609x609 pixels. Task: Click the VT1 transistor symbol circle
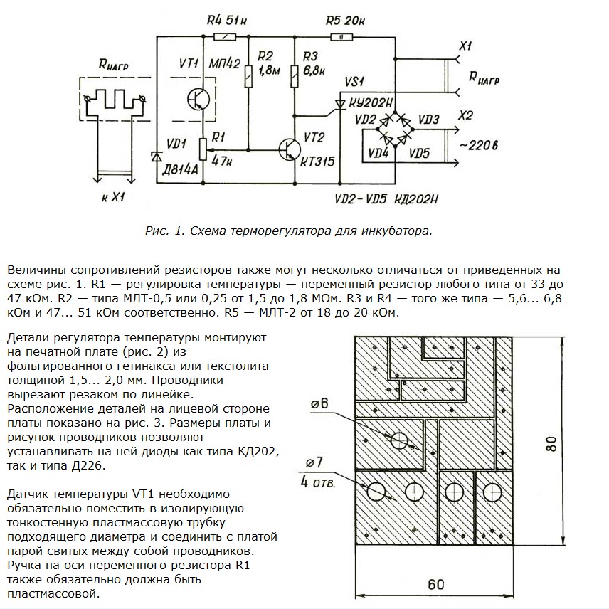coord(198,100)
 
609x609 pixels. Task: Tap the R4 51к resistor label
coord(226,19)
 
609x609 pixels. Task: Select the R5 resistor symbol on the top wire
coord(341,37)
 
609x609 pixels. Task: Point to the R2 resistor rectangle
coord(248,76)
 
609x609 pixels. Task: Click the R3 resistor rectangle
coord(295,76)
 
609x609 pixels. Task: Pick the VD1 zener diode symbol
coord(157,157)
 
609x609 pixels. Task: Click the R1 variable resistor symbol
coord(203,149)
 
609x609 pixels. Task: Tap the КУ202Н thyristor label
coord(371,103)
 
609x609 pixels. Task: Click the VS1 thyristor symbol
coord(341,104)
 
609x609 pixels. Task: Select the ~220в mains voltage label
coord(478,145)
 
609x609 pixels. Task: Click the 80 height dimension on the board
coord(551,443)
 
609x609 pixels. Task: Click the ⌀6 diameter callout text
coord(319,403)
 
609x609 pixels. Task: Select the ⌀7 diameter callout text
coord(314,462)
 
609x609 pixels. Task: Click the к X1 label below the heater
coord(112,197)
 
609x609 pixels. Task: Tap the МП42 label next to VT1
coord(225,63)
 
